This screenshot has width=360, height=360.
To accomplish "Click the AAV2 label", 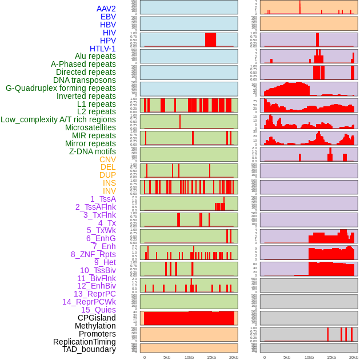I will (x=106, y=9).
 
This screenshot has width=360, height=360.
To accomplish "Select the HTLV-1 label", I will (x=103, y=49).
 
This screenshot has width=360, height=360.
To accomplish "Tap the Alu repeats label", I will (x=95, y=56).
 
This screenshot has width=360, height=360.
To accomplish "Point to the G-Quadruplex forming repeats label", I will (x=61, y=88).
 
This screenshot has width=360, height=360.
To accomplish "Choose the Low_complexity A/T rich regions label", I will (x=58, y=119).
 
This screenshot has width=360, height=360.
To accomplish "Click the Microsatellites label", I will (x=90, y=127).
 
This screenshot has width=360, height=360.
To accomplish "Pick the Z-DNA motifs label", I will (x=93, y=151).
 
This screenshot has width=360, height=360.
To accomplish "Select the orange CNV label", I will (x=107, y=159).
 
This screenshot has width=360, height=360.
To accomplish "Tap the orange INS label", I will (x=109, y=183).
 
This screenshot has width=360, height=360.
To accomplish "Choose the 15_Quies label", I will (x=98, y=310).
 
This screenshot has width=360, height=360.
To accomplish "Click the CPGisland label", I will (x=97, y=318).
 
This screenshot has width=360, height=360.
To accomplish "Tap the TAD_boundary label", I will (x=89, y=349).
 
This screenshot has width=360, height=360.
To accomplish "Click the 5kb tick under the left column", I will (x=167, y=357).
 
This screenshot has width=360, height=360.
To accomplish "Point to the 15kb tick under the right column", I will (x=331, y=357).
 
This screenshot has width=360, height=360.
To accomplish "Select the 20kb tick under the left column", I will (x=234, y=357).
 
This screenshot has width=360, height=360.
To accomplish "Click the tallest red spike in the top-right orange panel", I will (x=299, y=7).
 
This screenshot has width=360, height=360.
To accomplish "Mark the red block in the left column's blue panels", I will (x=210, y=39).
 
